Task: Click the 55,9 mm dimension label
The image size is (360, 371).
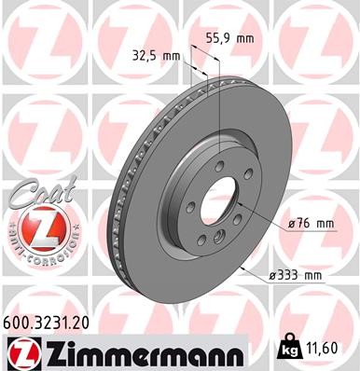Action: [x=229, y=40]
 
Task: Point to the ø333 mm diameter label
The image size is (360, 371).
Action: [x=296, y=274]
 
